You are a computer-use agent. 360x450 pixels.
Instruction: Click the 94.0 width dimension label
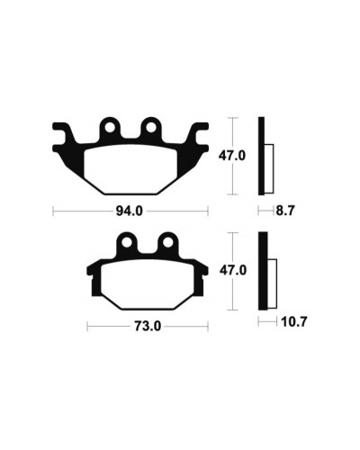(x=130, y=211)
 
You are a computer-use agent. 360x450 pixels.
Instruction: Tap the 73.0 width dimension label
(x=148, y=327)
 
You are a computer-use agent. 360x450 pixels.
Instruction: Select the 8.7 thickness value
(x=285, y=211)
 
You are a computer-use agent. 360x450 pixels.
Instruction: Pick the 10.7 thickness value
(x=294, y=322)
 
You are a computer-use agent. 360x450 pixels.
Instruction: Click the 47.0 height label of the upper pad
(x=232, y=156)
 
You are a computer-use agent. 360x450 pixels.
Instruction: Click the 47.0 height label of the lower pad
(x=233, y=271)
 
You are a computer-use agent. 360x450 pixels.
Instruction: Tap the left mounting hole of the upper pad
(x=110, y=128)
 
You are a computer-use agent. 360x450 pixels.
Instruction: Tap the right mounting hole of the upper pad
(x=150, y=128)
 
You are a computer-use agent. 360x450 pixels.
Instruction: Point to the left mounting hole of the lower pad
(x=127, y=243)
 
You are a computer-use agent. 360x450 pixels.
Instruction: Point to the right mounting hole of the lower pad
(x=168, y=243)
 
